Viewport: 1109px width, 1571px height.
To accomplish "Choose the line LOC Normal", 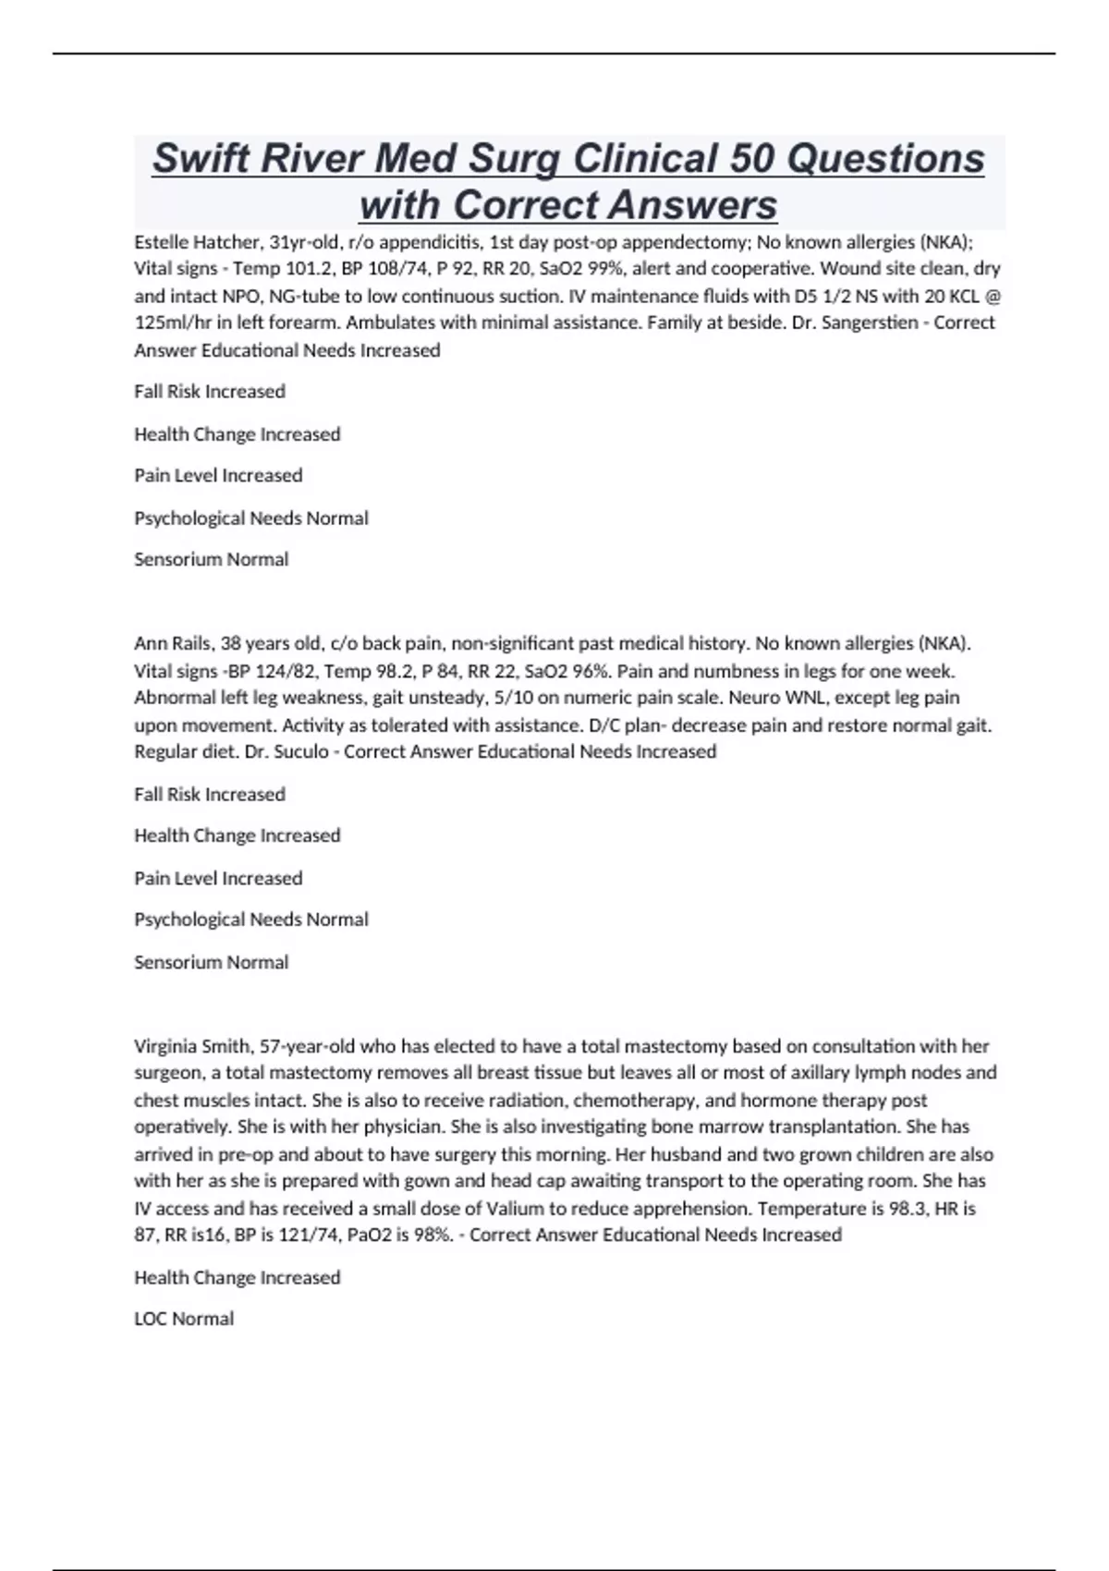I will [184, 1320].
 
